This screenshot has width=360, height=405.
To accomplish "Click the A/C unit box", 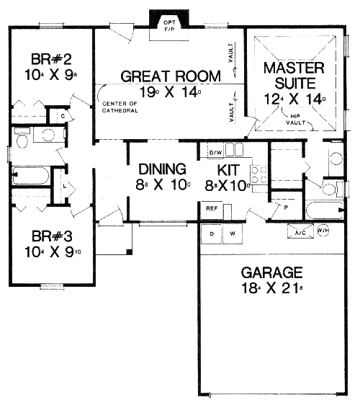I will click(x=299, y=232).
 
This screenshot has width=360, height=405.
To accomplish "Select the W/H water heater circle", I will click(x=323, y=231).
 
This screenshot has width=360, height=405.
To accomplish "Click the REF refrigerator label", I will click(x=212, y=208).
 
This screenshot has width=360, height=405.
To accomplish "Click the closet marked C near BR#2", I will click(x=63, y=116).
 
